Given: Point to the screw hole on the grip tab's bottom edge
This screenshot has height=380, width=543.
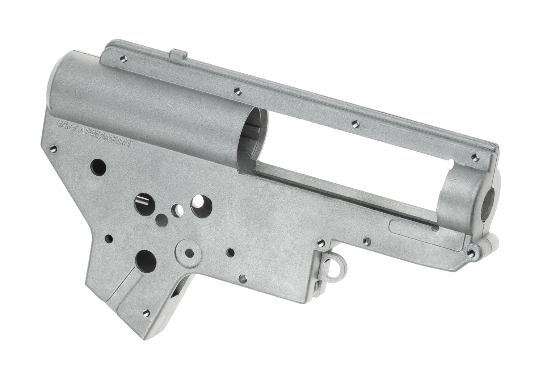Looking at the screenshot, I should coord(147,311).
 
